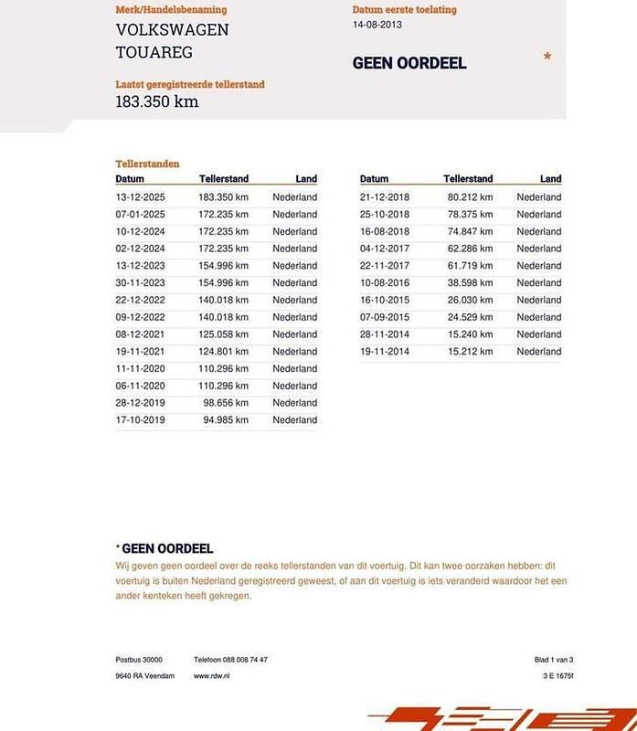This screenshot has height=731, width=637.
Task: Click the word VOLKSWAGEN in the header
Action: coord(172,29)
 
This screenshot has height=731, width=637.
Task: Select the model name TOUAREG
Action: coord(154,52)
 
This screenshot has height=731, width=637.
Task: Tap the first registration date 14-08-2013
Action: coord(377,25)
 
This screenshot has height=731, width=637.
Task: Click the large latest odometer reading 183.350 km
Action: coord(156,101)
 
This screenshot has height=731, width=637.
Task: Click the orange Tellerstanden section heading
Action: coord(147,164)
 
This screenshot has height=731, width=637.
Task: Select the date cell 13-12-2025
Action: coord(140,196)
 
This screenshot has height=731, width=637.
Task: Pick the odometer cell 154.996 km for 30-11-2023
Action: coord(223,282)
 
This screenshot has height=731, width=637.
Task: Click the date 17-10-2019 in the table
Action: coord(140,420)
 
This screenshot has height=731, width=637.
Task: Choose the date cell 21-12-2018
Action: coord(384,196)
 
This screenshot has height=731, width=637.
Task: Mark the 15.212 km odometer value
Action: coord(470,351)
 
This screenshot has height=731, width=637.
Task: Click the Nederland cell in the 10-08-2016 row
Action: coord(538,282)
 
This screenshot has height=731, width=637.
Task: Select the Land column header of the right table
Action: coord(550,179)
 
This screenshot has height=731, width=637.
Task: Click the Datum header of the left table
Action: coord(130,179)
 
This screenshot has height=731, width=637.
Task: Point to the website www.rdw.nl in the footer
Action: coord(211,676)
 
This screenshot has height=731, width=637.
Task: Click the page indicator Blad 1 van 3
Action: coord(554,659)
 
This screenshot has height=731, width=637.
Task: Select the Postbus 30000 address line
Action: coord(139,659)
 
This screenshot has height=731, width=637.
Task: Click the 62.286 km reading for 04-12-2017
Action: coord(470,249)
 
